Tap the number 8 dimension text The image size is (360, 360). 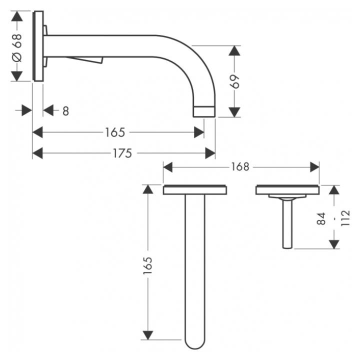click(65, 111)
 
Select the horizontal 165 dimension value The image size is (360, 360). click(114, 132)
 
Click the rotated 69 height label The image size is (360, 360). click(235, 81)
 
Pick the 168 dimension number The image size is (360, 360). click(240, 167)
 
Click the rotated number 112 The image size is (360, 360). click(345, 218)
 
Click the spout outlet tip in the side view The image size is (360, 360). click(204, 111)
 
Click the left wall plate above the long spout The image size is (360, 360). click(195, 189)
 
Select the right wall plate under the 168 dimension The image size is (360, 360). click(287, 189)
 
